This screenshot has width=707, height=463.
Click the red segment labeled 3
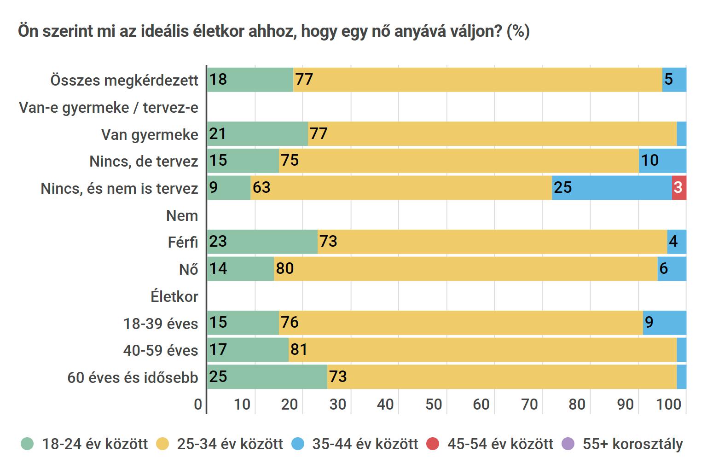pyautogui.click(x=679, y=188)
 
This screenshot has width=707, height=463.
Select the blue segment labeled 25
pyautogui.click(x=612, y=188)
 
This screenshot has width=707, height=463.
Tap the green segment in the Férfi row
pyautogui.click(x=262, y=242)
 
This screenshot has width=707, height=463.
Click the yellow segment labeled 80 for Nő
pyautogui.click(x=465, y=269)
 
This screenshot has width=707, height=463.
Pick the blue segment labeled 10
pyautogui.click(x=662, y=161)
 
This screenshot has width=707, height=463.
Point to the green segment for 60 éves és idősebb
pyautogui.click(x=267, y=377)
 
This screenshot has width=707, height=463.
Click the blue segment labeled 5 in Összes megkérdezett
pyautogui.click(x=674, y=80)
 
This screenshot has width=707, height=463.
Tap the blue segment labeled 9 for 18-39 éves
pyautogui.click(x=664, y=323)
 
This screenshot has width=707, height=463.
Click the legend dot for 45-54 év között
pyautogui.click(x=433, y=444)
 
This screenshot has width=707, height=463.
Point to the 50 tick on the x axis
pyautogui.click(x=434, y=405)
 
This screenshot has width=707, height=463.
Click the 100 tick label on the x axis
pyautogui.click(x=668, y=405)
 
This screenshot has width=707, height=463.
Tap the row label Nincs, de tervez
pyautogui.click(x=144, y=162)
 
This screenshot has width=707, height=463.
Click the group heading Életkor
pyautogui.click(x=174, y=297)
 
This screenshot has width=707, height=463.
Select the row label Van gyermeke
pyautogui.click(x=150, y=135)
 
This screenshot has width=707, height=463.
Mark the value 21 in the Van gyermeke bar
pyautogui.click(x=218, y=134)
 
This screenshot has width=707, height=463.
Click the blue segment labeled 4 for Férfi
pyautogui.click(x=676, y=242)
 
